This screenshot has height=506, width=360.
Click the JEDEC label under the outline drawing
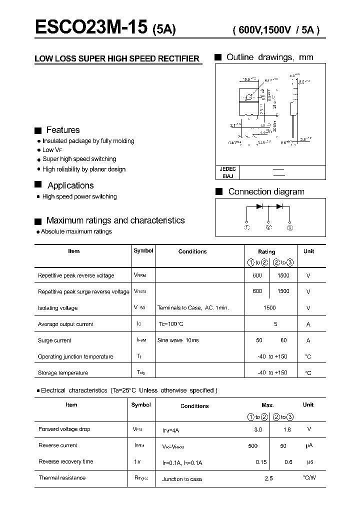[228, 169]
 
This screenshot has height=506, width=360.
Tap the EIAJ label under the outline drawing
[226, 176]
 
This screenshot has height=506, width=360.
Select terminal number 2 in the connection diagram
[268, 228]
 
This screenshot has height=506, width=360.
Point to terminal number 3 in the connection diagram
[289, 228]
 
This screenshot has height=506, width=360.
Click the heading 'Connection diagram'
[266, 191]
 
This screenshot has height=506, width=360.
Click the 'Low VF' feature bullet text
[51, 150]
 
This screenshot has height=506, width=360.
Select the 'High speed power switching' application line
[79, 196]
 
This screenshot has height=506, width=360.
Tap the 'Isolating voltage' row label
[57, 308]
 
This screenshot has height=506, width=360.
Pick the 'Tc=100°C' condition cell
[171, 324]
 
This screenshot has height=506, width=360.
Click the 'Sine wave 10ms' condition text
[178, 340]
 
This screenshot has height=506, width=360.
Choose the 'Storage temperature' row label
[62, 373]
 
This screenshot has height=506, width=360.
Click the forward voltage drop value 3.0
[258, 429]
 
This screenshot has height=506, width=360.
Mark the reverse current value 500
[253, 445]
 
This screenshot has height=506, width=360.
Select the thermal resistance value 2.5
[269, 478]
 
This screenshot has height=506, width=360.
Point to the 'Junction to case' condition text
[182, 479]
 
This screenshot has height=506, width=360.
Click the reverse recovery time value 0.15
[261, 462]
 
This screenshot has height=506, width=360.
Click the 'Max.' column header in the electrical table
[267, 405]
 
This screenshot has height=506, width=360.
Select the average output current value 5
[275, 324]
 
